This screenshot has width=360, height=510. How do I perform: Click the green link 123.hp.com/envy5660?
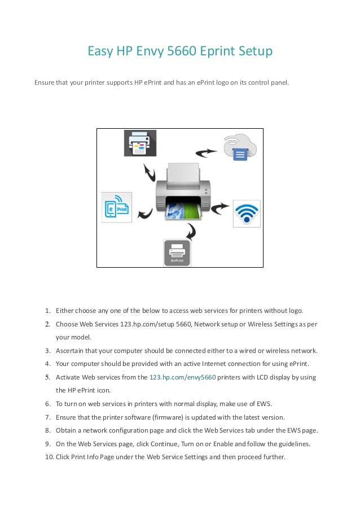click(x=182, y=377)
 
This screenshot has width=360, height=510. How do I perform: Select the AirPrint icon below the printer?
click(x=177, y=252)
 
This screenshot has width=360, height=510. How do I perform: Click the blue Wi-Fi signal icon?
click(x=247, y=213)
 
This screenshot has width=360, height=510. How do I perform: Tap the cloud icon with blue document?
click(x=239, y=148)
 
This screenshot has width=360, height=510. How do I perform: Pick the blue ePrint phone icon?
click(x=117, y=207)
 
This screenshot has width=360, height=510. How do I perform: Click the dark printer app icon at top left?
click(x=140, y=143)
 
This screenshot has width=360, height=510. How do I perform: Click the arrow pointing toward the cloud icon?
click(x=206, y=151)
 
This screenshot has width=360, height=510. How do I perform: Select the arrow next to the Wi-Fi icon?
click(x=220, y=208)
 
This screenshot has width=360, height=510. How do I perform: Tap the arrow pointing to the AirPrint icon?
click(x=192, y=230)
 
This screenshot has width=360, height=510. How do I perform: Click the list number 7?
click(x=49, y=417)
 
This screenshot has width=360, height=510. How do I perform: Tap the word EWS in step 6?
click(x=264, y=404)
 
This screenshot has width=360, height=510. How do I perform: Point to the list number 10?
click(x=49, y=457)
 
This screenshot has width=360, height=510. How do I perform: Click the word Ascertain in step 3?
click(x=71, y=350)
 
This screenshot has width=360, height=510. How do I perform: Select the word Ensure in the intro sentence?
click(x=45, y=82)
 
